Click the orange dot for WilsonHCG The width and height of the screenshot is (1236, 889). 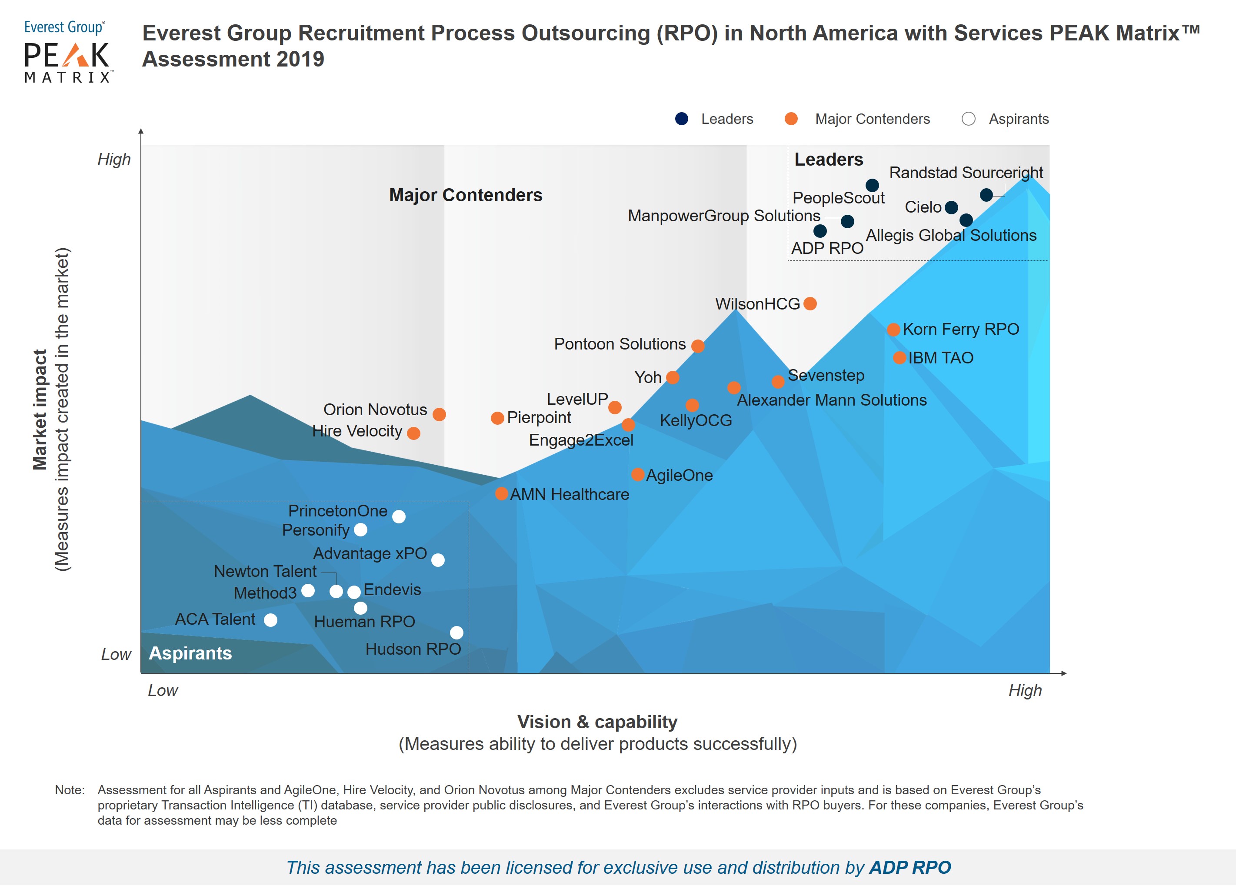810,303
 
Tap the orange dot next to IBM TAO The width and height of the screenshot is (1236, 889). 899,358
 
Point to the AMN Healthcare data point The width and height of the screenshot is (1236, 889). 501,494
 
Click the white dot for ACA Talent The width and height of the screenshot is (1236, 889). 270,620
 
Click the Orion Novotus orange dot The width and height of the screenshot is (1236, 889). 439,414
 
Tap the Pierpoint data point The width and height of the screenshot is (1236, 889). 497,418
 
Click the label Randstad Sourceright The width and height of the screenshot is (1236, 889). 966,173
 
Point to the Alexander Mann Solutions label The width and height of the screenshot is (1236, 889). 832,400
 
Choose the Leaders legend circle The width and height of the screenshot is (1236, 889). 681,119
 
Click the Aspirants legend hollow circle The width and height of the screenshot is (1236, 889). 969,119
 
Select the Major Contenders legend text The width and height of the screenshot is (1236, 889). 872,119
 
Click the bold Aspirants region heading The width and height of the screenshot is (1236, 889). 190,653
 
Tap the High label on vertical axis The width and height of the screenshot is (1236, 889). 114,159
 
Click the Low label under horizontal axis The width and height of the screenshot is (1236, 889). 163,691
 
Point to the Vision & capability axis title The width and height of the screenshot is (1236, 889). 597,722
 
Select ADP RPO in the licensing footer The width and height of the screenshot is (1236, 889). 910,867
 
